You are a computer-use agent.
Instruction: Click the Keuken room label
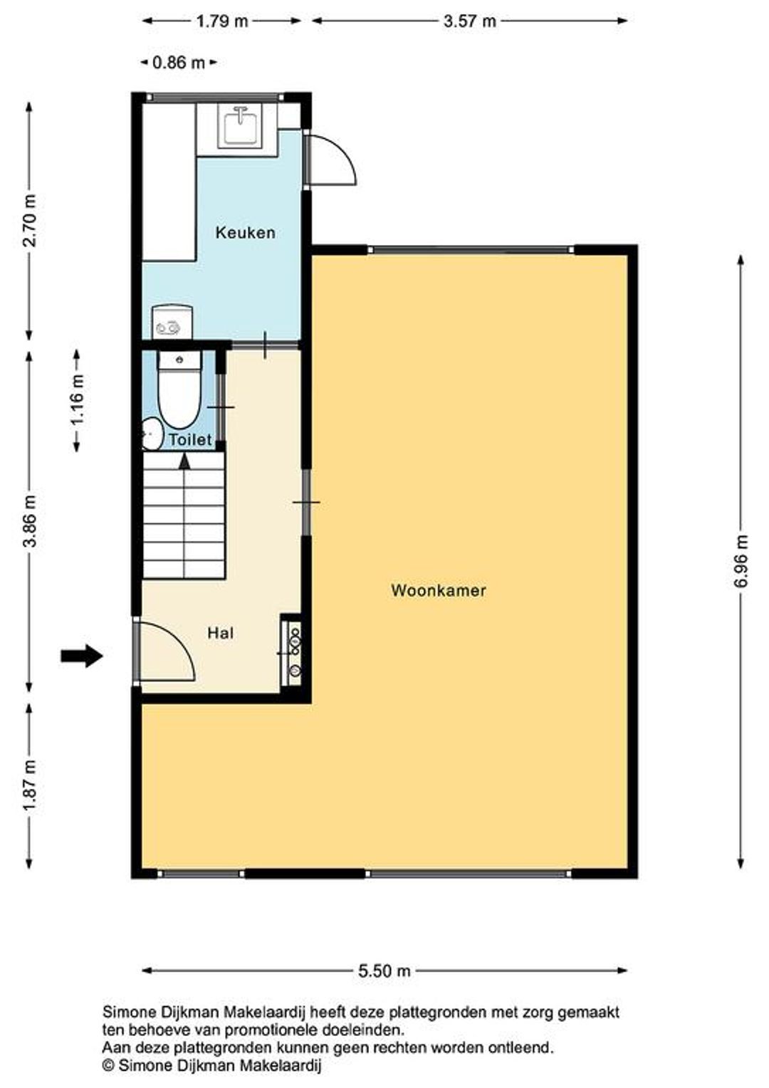tap(245, 233)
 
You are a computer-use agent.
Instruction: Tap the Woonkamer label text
tap(438, 590)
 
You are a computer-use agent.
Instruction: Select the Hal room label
tap(221, 633)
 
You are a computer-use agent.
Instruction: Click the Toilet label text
tap(190, 439)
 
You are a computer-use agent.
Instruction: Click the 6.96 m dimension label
tap(741, 561)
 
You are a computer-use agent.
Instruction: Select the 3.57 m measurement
tap(469, 21)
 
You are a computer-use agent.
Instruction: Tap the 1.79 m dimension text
tap(221, 21)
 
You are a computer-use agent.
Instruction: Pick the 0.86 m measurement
tap(178, 63)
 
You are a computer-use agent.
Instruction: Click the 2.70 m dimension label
tap(29, 220)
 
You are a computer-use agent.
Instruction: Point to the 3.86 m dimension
tap(29, 521)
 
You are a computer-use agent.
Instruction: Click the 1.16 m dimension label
tap(77, 399)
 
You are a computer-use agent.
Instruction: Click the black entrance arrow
tap(82, 657)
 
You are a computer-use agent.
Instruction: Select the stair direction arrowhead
tap(184, 461)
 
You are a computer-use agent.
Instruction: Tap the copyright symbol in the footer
tap(108, 1066)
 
